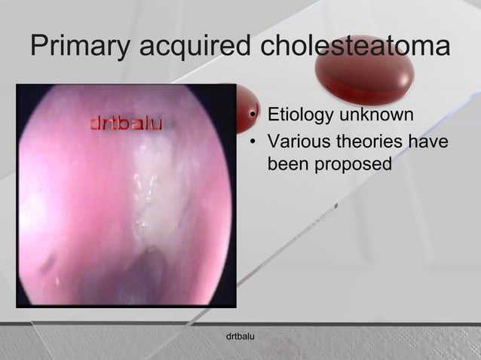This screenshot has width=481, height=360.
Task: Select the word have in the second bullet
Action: [429, 140]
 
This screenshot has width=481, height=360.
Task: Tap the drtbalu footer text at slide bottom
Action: [240, 333]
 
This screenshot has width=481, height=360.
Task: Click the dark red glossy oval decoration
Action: [364, 72]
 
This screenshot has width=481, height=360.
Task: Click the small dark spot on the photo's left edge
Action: [47, 261]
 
